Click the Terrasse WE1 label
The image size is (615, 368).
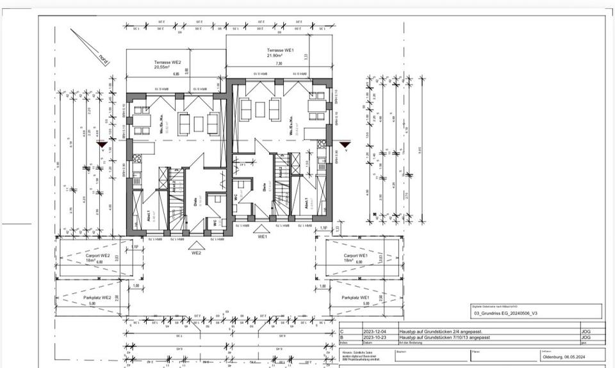click(x=279, y=49)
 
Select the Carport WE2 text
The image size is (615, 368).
click(x=98, y=255)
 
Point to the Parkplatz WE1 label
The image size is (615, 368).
click(x=356, y=298)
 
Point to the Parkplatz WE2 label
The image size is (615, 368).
click(x=97, y=298)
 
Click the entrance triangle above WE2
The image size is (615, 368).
click(x=197, y=244)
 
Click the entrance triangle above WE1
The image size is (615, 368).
click(x=261, y=228)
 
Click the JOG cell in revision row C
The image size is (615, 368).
click(x=586, y=332)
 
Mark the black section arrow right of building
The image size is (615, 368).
click(x=345, y=145)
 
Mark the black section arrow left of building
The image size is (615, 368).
click(x=101, y=145)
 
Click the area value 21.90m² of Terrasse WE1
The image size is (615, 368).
click(x=279, y=56)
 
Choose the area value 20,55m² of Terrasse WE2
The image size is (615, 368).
click(x=161, y=67)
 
